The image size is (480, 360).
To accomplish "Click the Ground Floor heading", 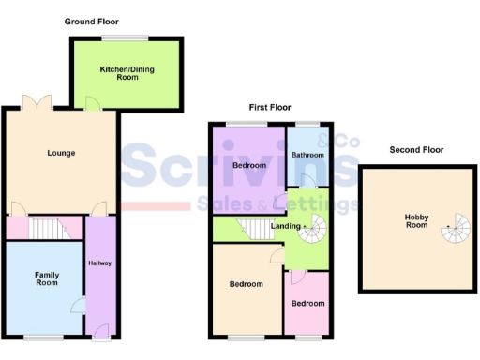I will click(92, 21).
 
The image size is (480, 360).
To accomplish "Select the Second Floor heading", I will click(417, 149).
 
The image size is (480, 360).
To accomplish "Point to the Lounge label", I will click(62, 153).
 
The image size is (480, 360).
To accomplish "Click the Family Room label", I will click(47, 278).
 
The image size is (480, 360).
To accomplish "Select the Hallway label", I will click(99, 263).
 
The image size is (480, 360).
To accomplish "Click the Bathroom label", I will click(307, 155).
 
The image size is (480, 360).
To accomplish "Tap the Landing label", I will click(286, 225).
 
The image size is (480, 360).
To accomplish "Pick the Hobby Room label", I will click(416, 221).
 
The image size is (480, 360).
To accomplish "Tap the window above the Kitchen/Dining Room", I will click(126, 37).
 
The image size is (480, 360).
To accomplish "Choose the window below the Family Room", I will click(43, 336).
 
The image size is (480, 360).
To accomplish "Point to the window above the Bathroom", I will click(307, 125).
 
